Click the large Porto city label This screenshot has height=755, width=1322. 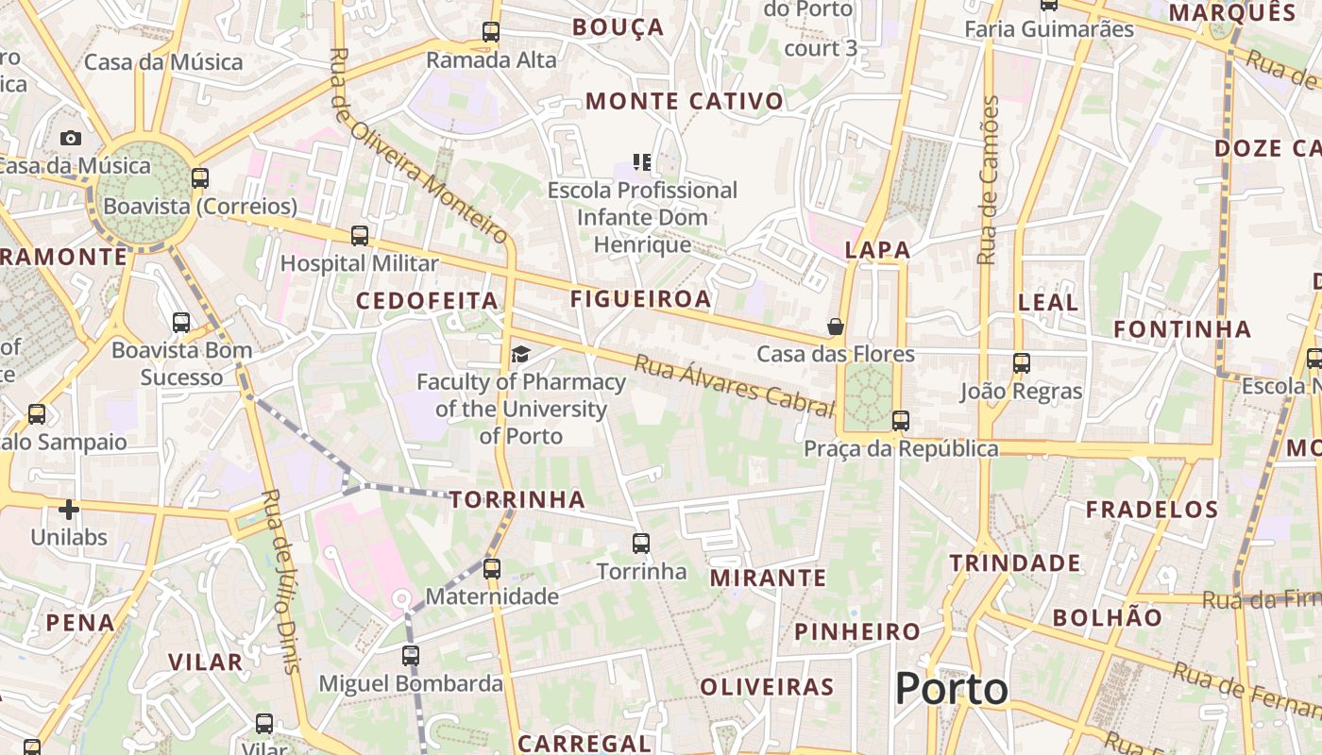951,689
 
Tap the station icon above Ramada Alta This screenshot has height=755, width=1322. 490,32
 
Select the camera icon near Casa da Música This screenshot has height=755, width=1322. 71,139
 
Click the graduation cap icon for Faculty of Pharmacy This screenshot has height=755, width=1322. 520,355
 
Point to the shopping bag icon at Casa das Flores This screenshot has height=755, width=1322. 836,327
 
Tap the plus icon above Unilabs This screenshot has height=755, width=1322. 69,511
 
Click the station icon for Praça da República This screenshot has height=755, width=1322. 901,421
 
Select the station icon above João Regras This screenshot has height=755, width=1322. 1021,363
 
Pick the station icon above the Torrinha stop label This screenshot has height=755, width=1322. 641,544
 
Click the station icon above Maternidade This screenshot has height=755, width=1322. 491,569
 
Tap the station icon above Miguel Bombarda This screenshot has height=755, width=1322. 410,655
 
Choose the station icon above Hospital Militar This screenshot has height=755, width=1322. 359,236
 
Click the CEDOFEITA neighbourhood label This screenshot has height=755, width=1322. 427,301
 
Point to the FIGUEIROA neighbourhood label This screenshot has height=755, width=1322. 640,299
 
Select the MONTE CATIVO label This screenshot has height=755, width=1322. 685,101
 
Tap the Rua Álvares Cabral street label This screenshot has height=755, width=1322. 734,385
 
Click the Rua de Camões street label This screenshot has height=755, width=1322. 988,179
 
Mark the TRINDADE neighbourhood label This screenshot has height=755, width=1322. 1015,563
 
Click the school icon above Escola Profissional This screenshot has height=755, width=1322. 643,162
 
